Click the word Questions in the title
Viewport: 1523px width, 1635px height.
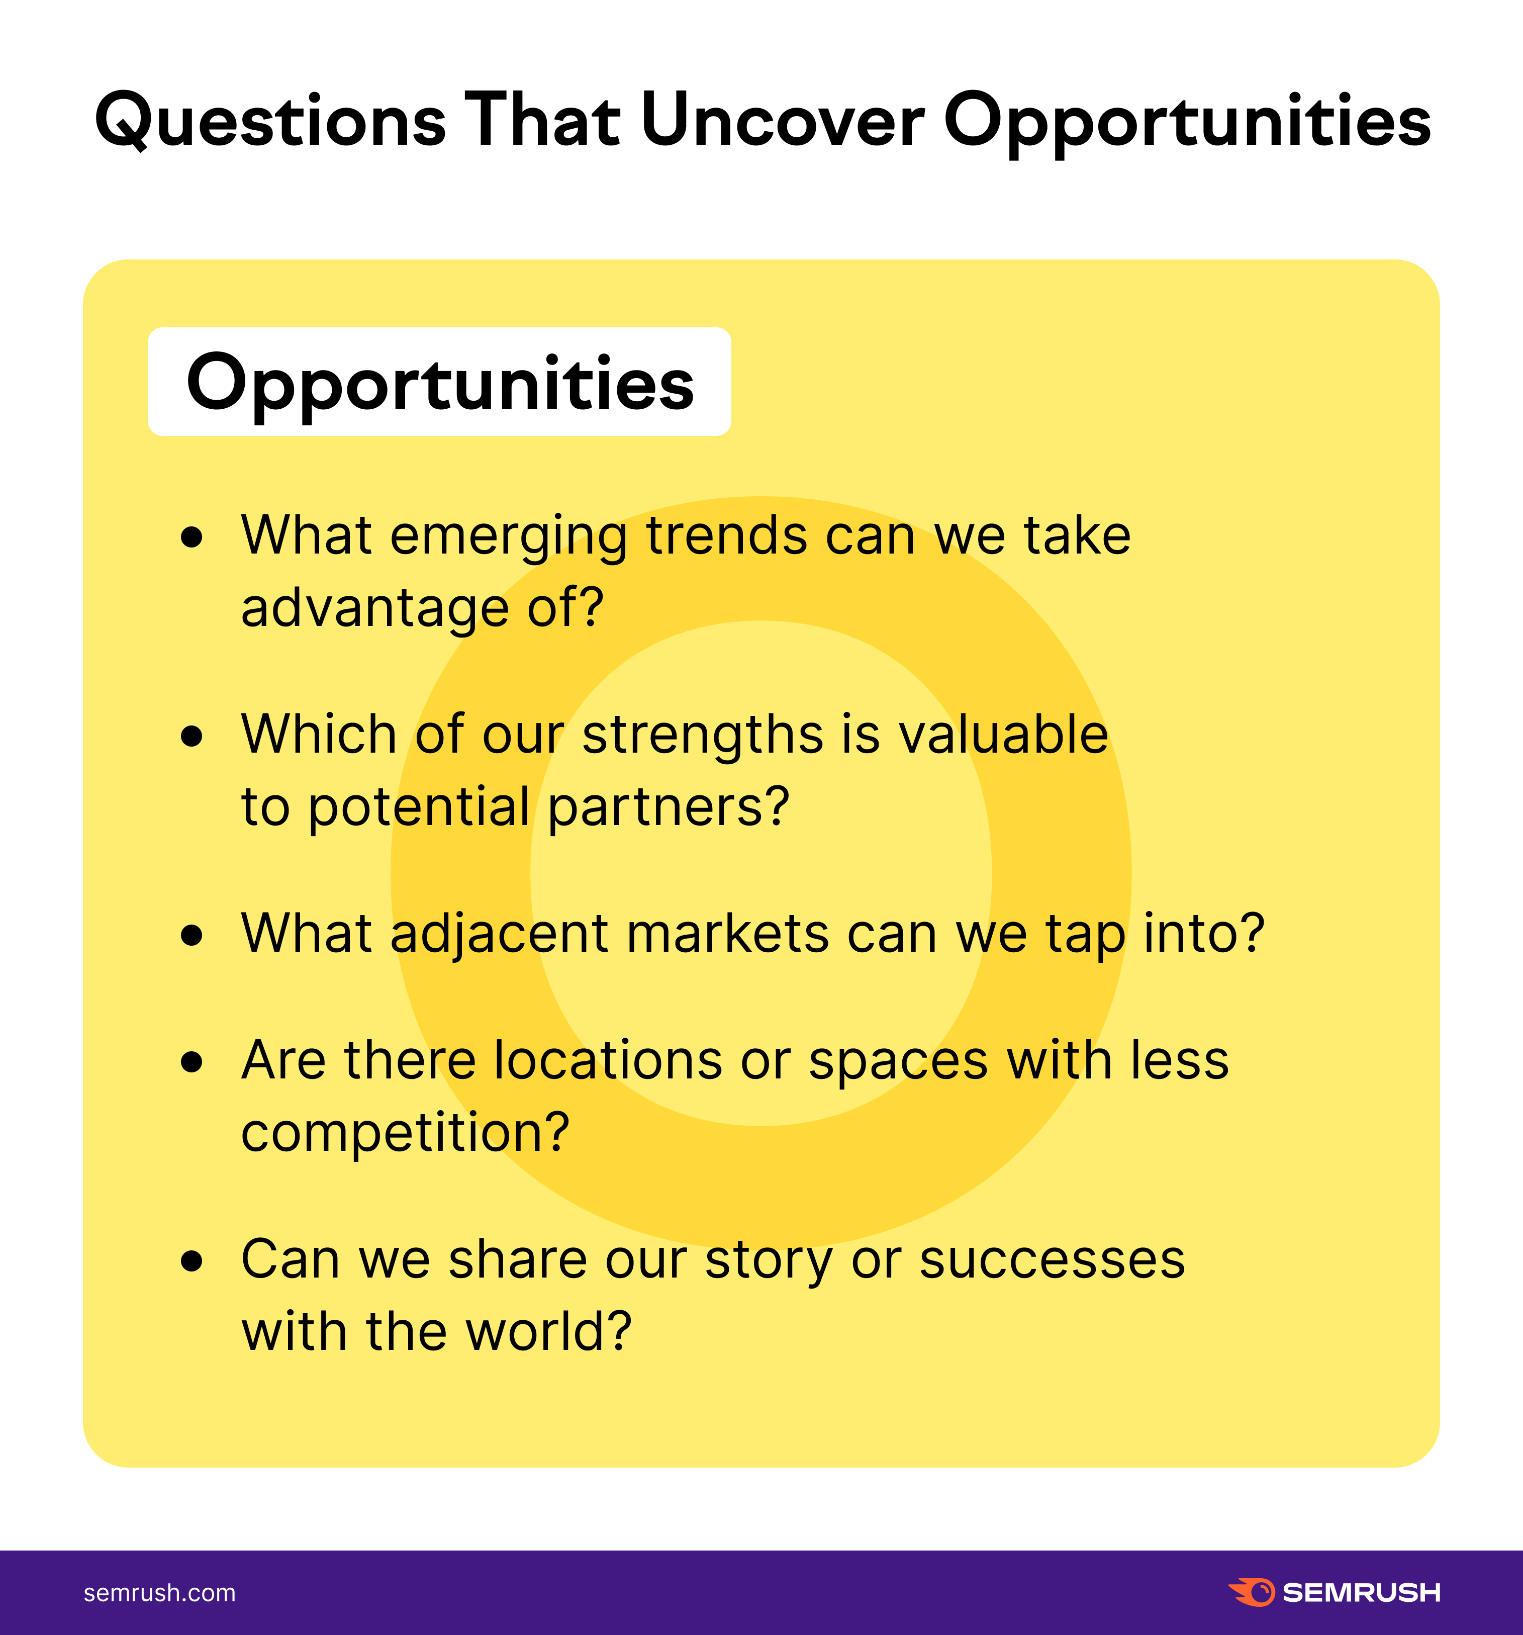click(270, 121)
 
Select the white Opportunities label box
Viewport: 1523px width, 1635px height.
click(439, 382)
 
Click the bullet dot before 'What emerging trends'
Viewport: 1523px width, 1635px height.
click(192, 537)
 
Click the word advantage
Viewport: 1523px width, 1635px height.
click(375, 609)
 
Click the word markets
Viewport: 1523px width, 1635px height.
click(728, 934)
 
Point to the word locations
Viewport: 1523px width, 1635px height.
click(608, 1060)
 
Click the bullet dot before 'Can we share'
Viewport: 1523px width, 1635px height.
click(192, 1261)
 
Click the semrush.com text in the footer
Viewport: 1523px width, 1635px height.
click(159, 1593)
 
